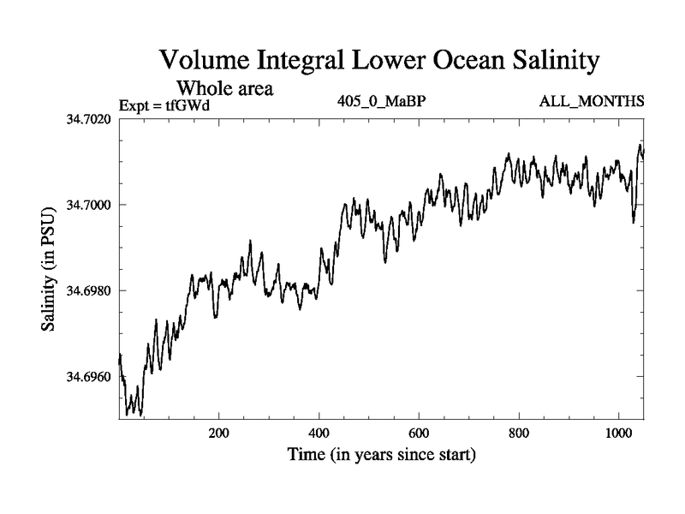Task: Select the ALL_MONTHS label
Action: pos(592,102)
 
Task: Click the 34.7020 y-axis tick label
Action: pos(88,118)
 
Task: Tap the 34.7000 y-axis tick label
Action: pos(88,205)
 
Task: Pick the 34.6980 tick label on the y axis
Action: pos(88,290)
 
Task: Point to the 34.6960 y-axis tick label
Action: pos(88,377)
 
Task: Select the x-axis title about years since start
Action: pos(381,454)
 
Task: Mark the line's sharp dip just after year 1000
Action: pos(634,222)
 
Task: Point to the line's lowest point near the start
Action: pos(128,415)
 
